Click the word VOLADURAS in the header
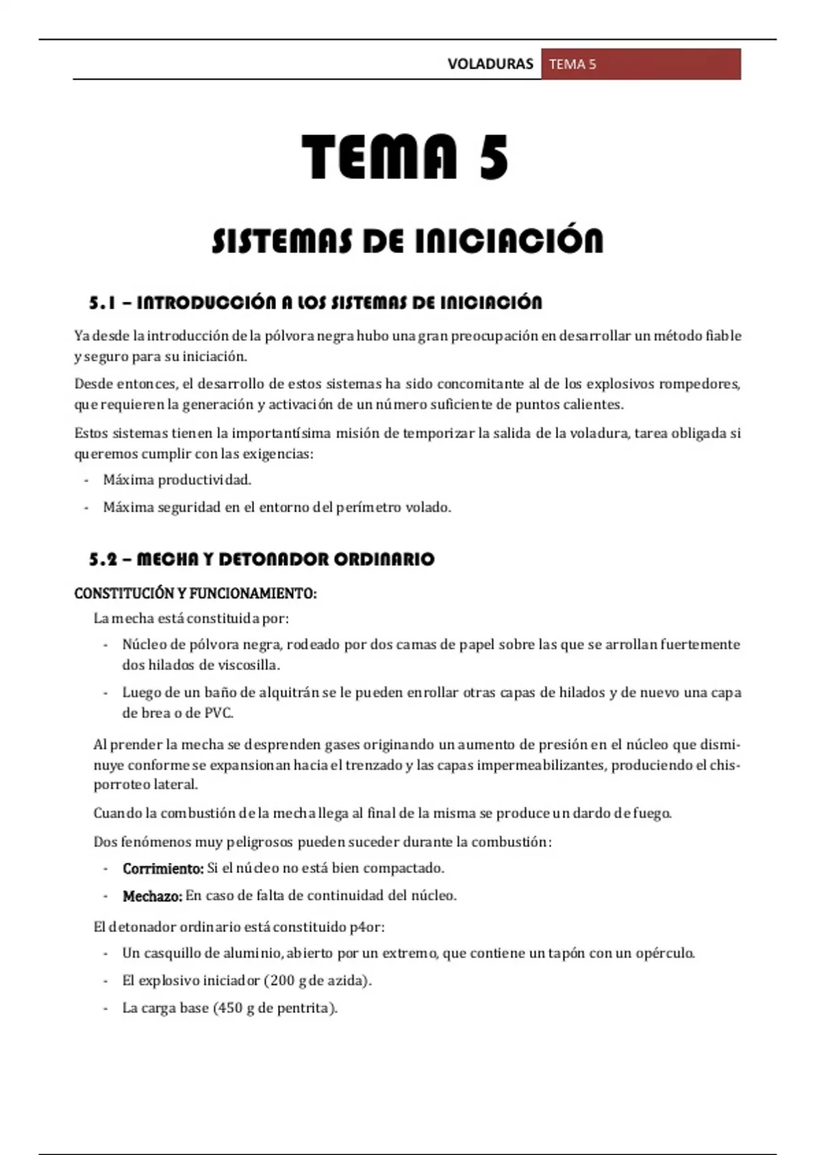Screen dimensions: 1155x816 pyautogui.click(x=490, y=64)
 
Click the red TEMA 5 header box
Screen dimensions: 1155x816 pyautogui.click(x=641, y=64)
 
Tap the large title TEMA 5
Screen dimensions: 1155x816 pyautogui.click(x=405, y=158)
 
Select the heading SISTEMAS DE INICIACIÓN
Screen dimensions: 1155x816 pyautogui.click(x=407, y=241)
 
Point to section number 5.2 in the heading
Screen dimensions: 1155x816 pyautogui.click(x=104, y=559)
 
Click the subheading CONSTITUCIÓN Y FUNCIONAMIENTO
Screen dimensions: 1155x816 pyautogui.click(x=195, y=593)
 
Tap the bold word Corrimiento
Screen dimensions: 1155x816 pyautogui.click(x=163, y=868)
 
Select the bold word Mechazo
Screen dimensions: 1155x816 pyautogui.click(x=152, y=896)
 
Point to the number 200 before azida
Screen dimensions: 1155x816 pyautogui.click(x=282, y=980)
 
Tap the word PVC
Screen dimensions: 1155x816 pyautogui.click(x=218, y=713)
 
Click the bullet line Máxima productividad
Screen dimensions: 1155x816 pyautogui.click(x=177, y=480)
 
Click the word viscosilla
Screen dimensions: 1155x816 pyautogui.click(x=248, y=664)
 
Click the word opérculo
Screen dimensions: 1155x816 pyautogui.click(x=664, y=953)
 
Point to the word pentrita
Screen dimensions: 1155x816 pyautogui.click(x=305, y=1008)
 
